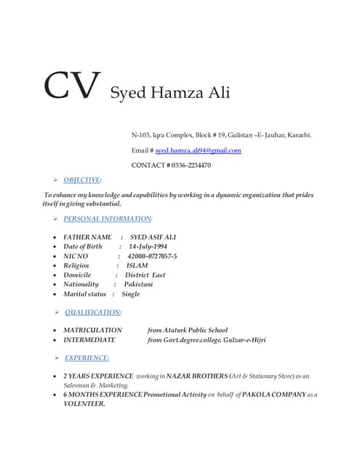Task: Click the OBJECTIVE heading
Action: click(82, 179)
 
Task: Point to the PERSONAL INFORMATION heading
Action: click(108, 219)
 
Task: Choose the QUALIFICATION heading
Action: click(93, 312)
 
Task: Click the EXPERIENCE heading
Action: click(87, 357)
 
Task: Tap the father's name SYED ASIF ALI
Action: click(153, 237)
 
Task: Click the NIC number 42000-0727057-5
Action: click(152, 256)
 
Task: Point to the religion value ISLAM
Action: click(137, 266)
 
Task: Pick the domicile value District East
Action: click(145, 275)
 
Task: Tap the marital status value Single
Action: click(131, 294)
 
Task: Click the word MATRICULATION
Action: click(93, 330)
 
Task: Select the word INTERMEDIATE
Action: click(89, 339)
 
